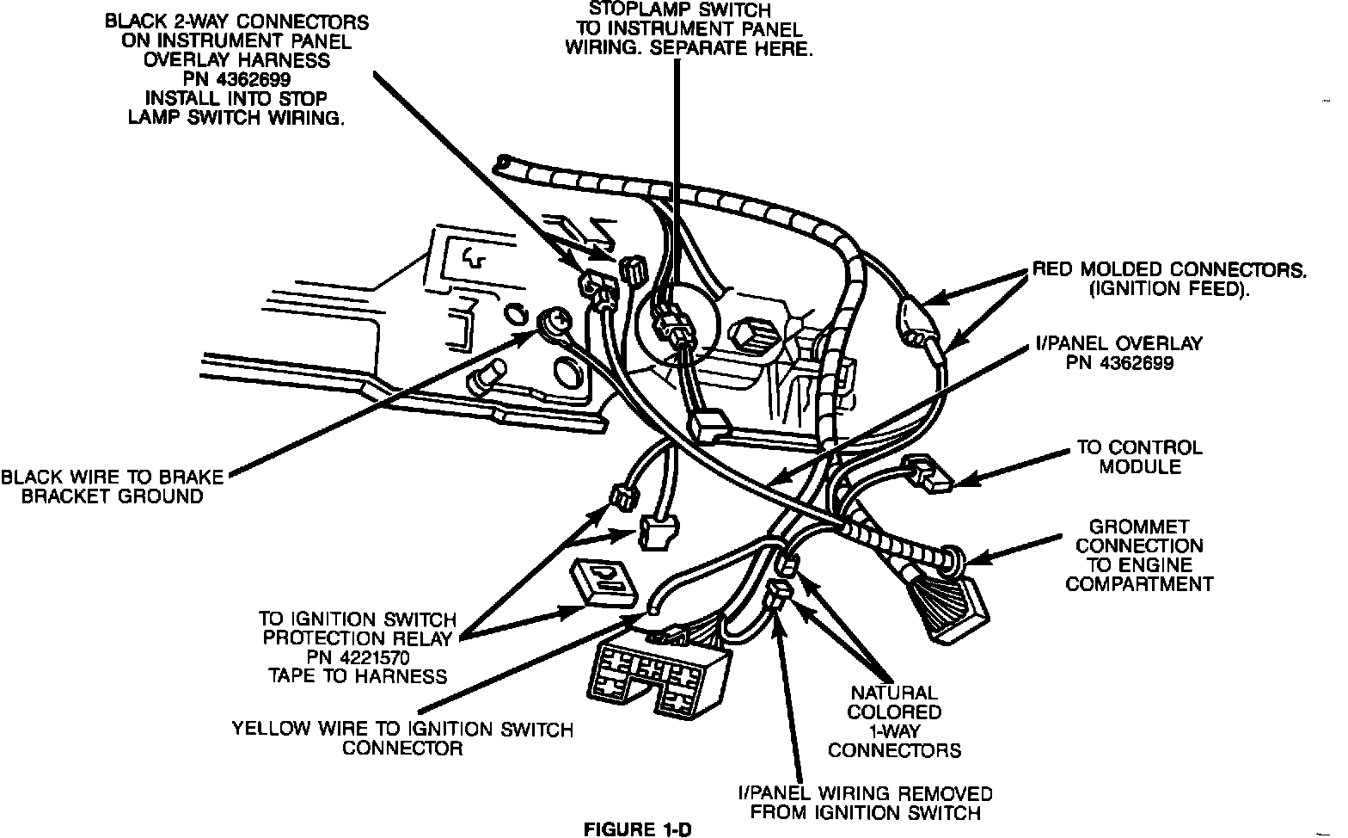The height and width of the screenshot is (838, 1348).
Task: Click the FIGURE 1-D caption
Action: (x=636, y=829)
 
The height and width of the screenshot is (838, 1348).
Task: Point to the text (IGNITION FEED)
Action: (x=1168, y=289)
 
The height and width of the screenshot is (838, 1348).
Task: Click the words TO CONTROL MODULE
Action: (x=1139, y=457)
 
